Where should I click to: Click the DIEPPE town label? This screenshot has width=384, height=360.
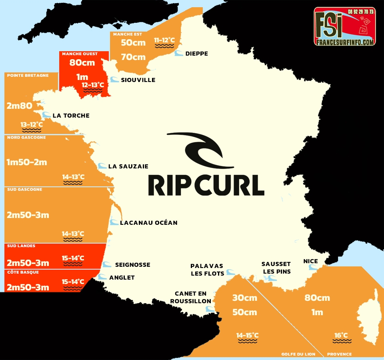point(196,54)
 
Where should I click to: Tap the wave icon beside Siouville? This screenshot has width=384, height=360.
point(114,80)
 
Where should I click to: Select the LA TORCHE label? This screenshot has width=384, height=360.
point(71,116)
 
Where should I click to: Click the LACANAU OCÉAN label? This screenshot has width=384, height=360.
point(148,222)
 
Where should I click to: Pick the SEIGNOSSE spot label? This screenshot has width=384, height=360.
point(132,265)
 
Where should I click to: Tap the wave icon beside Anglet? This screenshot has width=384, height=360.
point(103,277)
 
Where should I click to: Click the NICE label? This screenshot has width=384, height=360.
point(310,261)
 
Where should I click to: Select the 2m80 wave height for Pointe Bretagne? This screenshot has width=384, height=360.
point(19,106)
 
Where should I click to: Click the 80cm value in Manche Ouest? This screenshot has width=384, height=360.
point(82,63)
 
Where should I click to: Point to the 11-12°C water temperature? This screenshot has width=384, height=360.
point(165,40)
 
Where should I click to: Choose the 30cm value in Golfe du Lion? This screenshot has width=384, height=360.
point(244,298)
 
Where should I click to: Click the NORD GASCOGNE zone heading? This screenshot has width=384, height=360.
point(26,138)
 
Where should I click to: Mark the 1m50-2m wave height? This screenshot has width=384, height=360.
point(27,162)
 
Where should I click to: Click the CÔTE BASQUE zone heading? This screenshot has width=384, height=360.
point(22,272)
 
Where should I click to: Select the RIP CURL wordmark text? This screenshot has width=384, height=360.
point(206,185)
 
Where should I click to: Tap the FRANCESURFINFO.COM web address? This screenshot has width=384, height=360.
point(344,42)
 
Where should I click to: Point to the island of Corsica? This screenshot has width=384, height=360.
point(368,316)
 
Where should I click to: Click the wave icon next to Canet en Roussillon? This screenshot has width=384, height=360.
point(209,309)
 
